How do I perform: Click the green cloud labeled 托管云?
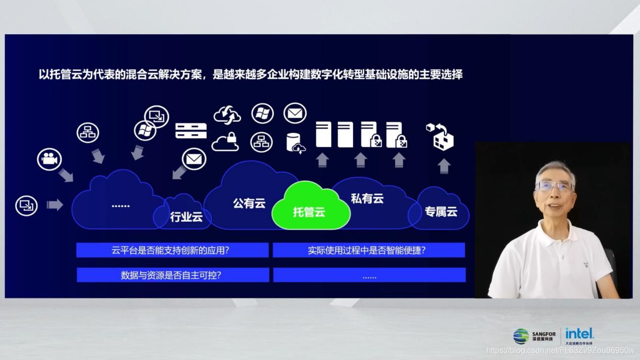pyautogui.click(x=310, y=208)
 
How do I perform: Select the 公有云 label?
pyautogui.click(x=249, y=203)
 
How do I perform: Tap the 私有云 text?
pyautogui.click(x=367, y=198)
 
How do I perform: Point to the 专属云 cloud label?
pyautogui.click(x=440, y=212)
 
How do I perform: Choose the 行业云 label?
pyautogui.click(x=186, y=217)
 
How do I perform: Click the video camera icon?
pyautogui.click(x=50, y=159)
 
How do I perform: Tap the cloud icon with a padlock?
pyautogui.click(x=225, y=142)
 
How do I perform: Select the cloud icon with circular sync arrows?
pyautogui.click(x=227, y=115)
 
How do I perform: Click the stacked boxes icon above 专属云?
pyautogui.click(x=440, y=135)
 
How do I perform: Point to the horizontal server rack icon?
pyautogui.click(x=191, y=131)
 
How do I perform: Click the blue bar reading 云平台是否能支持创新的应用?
pyautogui.click(x=172, y=250)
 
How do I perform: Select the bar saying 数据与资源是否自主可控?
pyautogui.click(x=172, y=275)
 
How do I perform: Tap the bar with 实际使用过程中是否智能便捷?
pyautogui.click(x=369, y=250)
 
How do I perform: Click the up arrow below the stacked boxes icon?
pyautogui.click(x=444, y=166)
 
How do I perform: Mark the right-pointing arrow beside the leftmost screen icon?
pyautogui.click(x=55, y=204)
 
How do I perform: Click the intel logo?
pyautogui.click(x=579, y=333)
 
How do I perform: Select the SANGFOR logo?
pyautogui.click(x=535, y=336)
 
